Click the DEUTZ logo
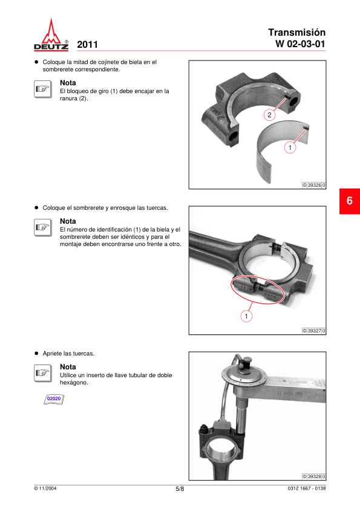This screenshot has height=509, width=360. coord(51,34)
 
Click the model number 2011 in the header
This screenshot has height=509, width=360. coord(87,45)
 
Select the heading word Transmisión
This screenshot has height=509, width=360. coord(296,33)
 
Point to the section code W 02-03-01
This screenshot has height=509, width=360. coord(300,44)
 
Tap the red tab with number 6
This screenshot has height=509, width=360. coord(350,201)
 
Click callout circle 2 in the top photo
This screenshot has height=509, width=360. coord(269,115)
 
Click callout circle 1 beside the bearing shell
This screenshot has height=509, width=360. coord(290,148)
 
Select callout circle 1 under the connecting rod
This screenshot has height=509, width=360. coord(246,316)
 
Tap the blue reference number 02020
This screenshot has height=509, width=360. coord(54,398)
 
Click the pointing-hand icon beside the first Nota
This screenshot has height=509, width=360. coord(42,89)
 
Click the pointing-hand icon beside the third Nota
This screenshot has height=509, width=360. coord(42,373)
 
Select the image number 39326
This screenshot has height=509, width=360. coord(314,185)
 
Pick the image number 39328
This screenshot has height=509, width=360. coord(314,476)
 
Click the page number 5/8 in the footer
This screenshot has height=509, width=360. coord(180,489)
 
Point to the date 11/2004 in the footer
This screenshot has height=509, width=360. coord(47,488)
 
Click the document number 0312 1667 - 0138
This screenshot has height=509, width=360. coord(306,488)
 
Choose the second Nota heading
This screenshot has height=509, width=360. coord(68,221)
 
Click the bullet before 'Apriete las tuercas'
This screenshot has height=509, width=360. coord(36,353)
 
